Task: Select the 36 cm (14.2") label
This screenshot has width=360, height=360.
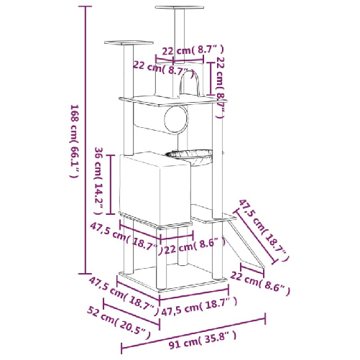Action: point(100,180)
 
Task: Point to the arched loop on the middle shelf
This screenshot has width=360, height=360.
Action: point(190,85)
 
